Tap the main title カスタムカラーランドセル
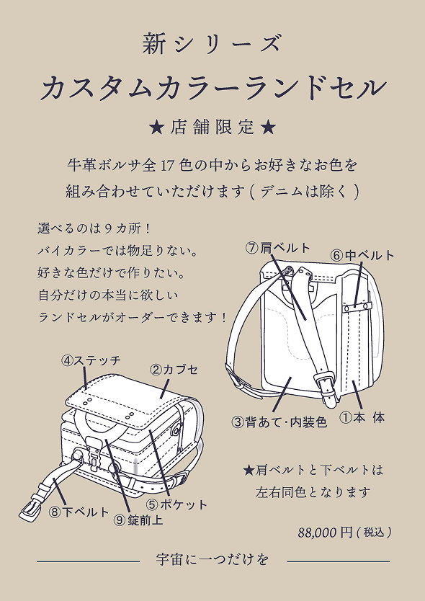[x=212, y=89]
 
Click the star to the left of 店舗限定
[x=156, y=128]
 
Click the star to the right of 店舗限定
[x=267, y=128]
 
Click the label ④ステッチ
[x=91, y=360]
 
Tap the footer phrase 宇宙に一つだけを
[x=212, y=560]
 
